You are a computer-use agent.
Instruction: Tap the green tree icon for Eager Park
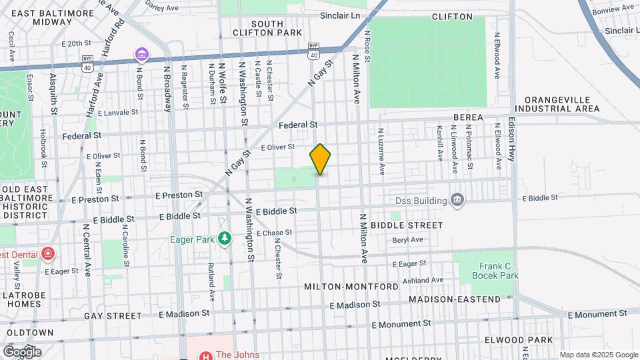coord(225,238)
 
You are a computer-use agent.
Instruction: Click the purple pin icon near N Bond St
coord(141,53)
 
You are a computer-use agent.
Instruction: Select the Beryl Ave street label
coord(407,240)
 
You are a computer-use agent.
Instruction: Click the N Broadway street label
coord(167,87)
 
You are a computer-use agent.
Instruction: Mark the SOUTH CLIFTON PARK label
coord(267,28)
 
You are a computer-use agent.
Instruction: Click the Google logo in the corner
coord(22,351)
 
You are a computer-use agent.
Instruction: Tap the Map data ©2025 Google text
coord(598,355)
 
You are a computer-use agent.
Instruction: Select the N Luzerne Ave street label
coord(381,151)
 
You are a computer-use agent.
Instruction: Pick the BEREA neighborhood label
coord(467,117)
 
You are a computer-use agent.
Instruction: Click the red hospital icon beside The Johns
coord(201,355)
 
